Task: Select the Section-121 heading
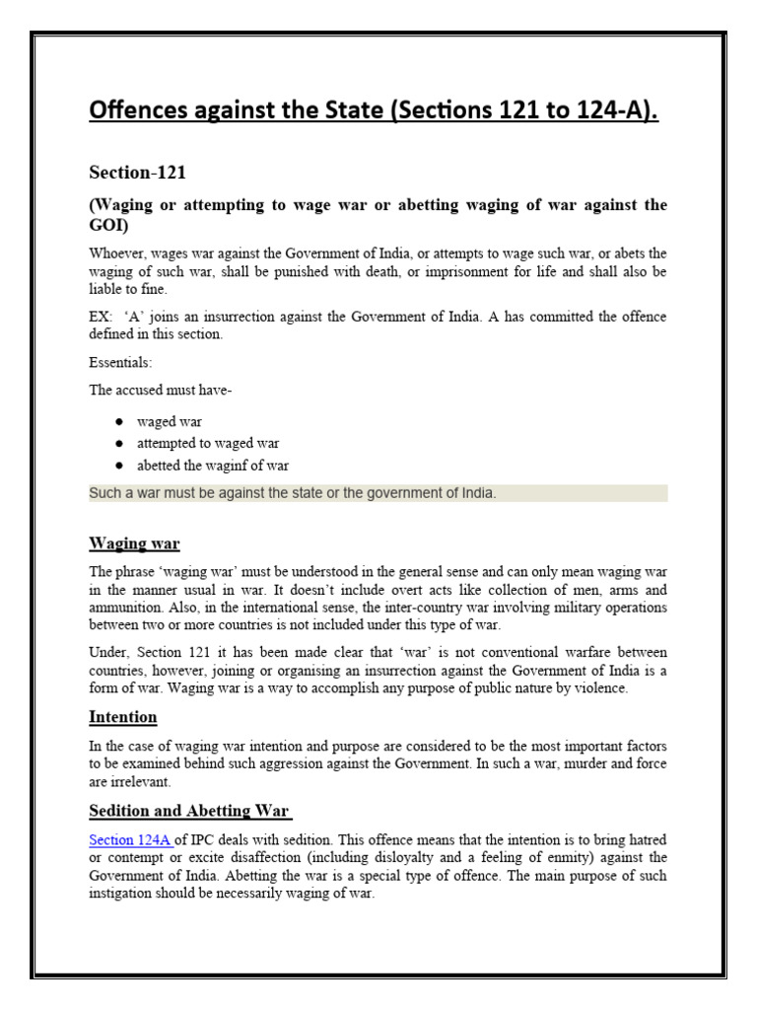click(x=137, y=172)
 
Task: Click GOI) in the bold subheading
click(x=109, y=223)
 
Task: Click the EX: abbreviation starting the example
click(x=102, y=317)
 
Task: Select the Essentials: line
click(x=120, y=362)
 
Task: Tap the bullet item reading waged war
click(x=170, y=422)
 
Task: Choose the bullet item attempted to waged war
click(x=208, y=444)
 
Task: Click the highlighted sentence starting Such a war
click(x=293, y=493)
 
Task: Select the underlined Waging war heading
click(x=134, y=543)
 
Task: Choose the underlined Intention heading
click(x=123, y=717)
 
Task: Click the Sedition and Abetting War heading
click(x=189, y=812)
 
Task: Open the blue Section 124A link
click(x=131, y=839)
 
